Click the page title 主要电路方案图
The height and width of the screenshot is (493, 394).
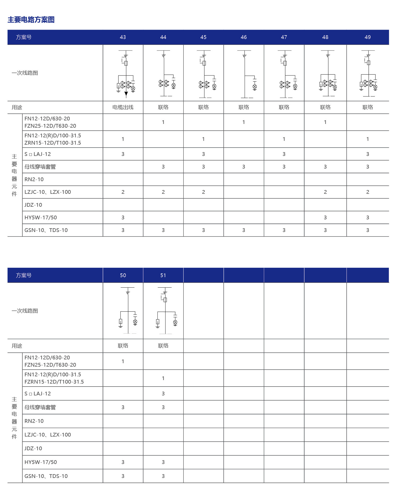coord(31,20)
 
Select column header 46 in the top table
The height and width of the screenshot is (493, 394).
coord(244,37)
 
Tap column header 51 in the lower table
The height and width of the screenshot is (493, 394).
coord(163,275)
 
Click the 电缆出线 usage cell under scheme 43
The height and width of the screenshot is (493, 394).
coord(123,107)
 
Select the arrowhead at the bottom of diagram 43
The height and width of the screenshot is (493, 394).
coord(126,94)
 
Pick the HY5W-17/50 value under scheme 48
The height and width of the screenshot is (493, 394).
coord(325,217)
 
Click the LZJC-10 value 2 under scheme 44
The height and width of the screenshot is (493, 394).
coord(163,192)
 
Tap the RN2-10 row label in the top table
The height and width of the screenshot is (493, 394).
coord(34,179)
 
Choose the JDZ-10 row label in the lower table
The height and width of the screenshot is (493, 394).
coord(33,448)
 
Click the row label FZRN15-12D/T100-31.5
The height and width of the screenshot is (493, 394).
coord(54,382)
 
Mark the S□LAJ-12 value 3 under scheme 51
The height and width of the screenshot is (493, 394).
coord(163,394)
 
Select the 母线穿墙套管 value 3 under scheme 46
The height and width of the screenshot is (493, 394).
coord(244,167)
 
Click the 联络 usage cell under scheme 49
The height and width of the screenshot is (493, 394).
coord(368,107)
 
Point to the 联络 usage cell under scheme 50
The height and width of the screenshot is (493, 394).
coord(123,346)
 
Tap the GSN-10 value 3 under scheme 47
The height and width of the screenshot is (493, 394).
coord(284,230)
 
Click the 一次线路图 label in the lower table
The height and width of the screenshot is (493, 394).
coord(25,311)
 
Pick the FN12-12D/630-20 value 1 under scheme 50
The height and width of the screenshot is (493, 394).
coord(123,361)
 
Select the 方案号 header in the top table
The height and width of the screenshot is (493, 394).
coord(24,37)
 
